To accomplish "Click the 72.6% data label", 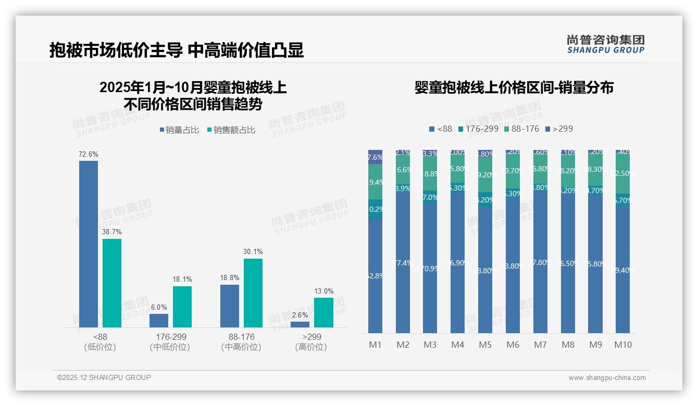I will [x=88, y=155].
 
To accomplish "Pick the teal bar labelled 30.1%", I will [x=253, y=293].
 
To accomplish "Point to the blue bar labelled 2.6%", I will [x=300, y=324].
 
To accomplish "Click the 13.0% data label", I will [x=323, y=291].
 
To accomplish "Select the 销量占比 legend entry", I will [x=179, y=130].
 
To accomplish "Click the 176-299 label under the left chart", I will [x=170, y=337].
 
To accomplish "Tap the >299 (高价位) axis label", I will [x=311, y=342].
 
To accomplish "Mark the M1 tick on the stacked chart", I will [x=376, y=345].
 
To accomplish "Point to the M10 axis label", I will [x=622, y=345].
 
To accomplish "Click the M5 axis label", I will [x=485, y=345].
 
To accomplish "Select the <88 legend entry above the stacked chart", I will [x=440, y=129].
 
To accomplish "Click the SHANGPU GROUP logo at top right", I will [x=606, y=44].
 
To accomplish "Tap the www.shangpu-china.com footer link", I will [x=607, y=378].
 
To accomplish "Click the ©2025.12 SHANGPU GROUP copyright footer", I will [x=104, y=377].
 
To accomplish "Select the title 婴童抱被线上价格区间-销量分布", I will [x=514, y=87].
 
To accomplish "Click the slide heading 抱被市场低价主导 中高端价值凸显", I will [x=177, y=50].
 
